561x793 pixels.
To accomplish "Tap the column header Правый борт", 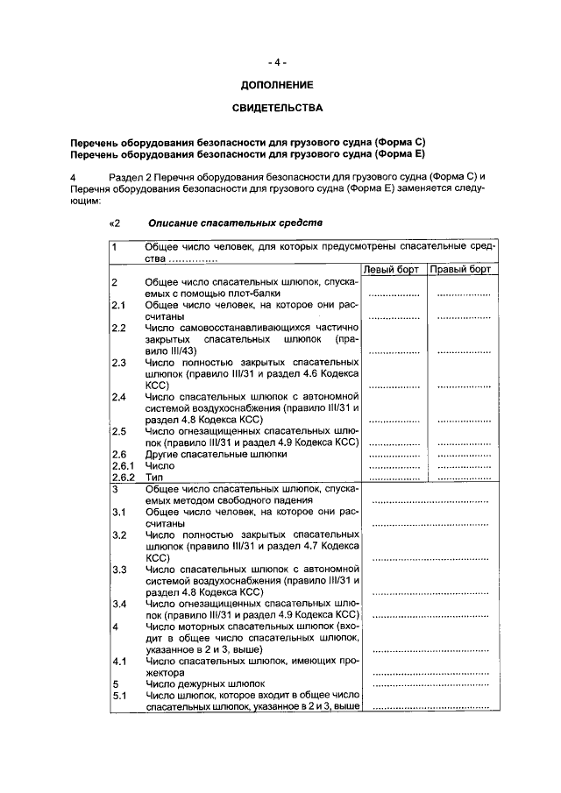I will [x=460, y=269].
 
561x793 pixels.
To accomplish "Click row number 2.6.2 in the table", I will [x=124, y=478].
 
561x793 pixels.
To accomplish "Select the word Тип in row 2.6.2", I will [x=154, y=478].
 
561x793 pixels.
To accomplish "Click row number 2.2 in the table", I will [x=120, y=328].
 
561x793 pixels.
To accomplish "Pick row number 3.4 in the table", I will [x=120, y=604].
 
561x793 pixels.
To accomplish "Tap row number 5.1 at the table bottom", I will [x=120, y=696].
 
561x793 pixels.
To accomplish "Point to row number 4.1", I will [x=120, y=661].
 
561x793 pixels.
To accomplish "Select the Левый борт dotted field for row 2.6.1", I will [x=394, y=467].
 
